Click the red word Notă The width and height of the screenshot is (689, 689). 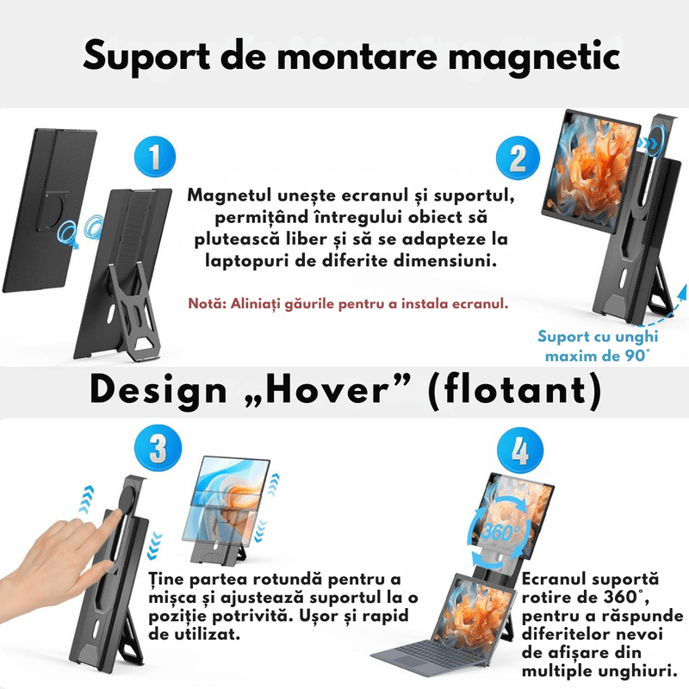coord(207,304)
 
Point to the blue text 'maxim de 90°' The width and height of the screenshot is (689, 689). coord(594,354)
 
